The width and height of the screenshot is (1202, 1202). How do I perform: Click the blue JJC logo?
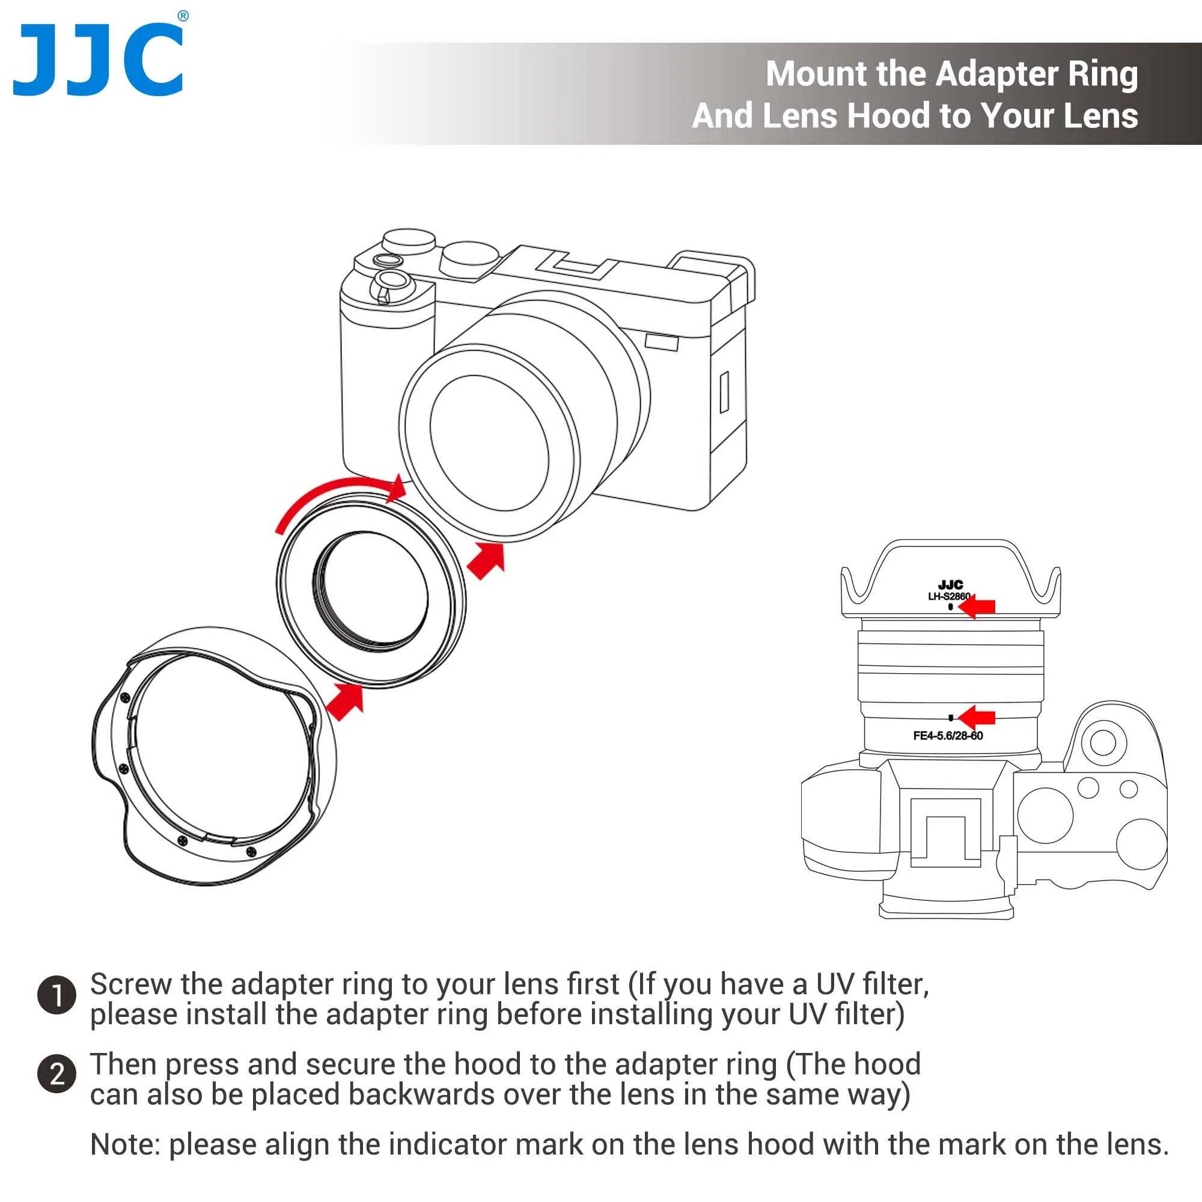coord(99,60)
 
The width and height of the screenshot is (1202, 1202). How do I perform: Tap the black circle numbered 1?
coord(56,995)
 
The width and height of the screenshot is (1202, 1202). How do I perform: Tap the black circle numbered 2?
coord(56,1075)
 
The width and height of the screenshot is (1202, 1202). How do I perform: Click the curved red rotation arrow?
coord(336,498)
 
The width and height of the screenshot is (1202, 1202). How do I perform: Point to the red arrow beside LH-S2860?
coord(978,606)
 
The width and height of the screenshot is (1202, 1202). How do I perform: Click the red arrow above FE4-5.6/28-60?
coord(978,718)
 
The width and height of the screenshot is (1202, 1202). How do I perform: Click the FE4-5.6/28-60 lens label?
coord(948,736)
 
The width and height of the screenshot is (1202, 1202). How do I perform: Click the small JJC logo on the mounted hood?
coord(950,585)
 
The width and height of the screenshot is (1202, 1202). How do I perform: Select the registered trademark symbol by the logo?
coord(183,16)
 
